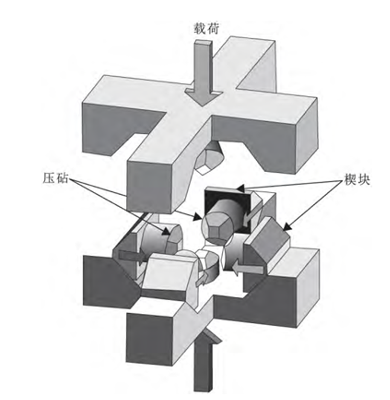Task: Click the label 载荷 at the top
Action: (206, 29)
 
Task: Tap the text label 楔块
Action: (357, 179)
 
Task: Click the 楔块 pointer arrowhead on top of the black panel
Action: (240, 189)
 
